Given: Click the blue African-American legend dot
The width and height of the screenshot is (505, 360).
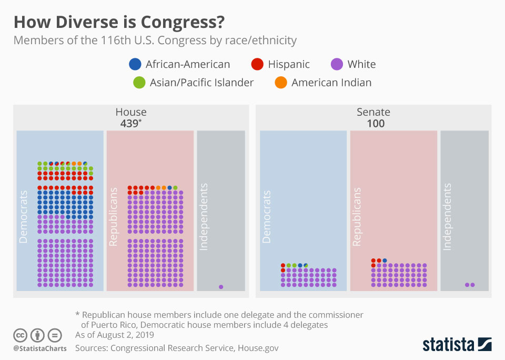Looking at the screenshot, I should pyautogui.click(x=135, y=64).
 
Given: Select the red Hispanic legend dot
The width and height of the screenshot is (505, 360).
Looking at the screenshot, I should pyautogui.click(x=257, y=64).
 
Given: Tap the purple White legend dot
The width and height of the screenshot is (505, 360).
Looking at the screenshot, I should pyautogui.click(x=337, y=64).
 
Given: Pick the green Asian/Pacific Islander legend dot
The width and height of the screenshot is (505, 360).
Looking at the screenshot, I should pyautogui.click(x=139, y=82).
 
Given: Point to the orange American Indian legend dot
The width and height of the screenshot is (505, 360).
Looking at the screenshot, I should pyautogui.click(x=281, y=82).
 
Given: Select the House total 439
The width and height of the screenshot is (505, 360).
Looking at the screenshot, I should pyautogui.click(x=129, y=124).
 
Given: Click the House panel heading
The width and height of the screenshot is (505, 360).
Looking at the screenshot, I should pyautogui.click(x=131, y=112).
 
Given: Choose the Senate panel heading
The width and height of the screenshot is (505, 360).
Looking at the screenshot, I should pyautogui.click(x=373, y=112).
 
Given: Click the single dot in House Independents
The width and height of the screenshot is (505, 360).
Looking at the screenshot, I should pyautogui.click(x=221, y=287).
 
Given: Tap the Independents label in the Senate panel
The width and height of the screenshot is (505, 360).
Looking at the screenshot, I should pyautogui.click(x=447, y=217).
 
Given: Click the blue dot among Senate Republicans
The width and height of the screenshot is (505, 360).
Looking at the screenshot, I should pyautogui.click(x=385, y=261).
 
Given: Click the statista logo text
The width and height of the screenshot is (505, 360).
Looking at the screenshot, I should pyautogui.click(x=448, y=345).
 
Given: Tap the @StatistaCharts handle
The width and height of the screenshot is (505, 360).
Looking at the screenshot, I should pyautogui.click(x=40, y=348).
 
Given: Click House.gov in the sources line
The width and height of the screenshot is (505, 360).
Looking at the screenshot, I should pyautogui.click(x=258, y=348).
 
